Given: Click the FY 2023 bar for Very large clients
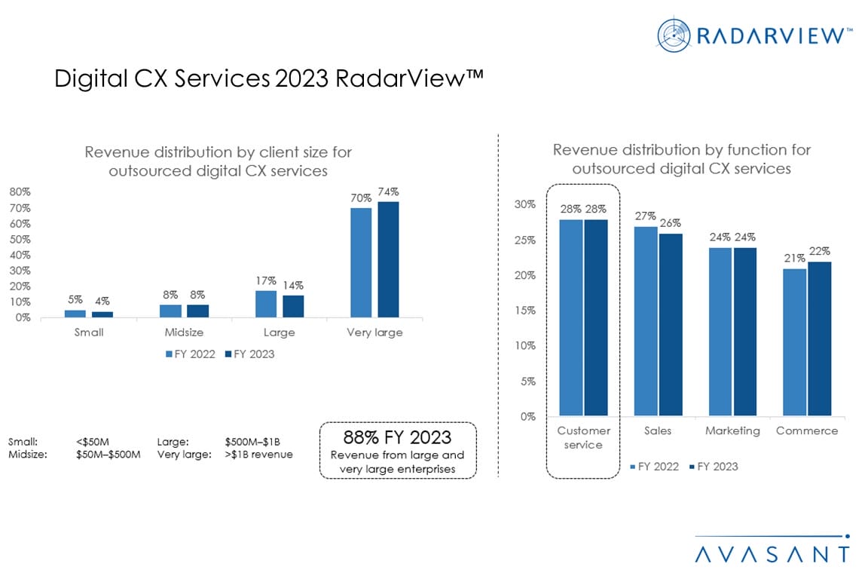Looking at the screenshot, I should coord(388,259).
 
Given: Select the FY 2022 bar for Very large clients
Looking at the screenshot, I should coord(361,262).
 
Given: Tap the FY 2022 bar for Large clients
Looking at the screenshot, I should coord(266,304).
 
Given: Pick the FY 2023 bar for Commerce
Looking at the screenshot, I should coord(820,339).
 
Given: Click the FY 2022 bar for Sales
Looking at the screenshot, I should coord(645,321).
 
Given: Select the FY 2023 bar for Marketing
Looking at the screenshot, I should coord(745,332).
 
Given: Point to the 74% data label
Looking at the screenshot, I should coord(388,191).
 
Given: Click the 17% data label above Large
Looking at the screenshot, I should coord(265,280).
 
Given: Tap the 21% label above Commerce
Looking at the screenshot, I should coord(795,259).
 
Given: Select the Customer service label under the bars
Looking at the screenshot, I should coord(583,438).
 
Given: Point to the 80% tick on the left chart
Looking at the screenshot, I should coord(20,192).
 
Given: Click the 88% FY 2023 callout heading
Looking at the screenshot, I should coord(397,437).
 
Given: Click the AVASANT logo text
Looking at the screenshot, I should coord(772,554).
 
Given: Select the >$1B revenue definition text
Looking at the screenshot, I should coord(258,455).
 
